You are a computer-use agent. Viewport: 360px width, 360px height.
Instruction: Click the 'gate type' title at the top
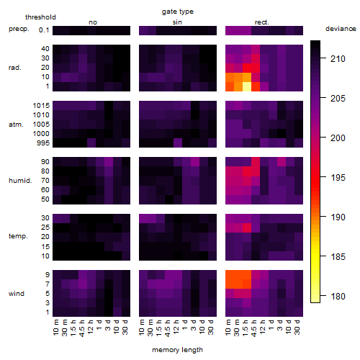coord(178,12)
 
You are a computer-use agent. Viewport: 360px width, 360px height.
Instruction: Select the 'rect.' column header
coord(262,22)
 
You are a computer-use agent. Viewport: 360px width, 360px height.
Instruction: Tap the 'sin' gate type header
coord(177,22)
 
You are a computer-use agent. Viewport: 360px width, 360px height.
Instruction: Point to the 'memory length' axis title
coord(177,350)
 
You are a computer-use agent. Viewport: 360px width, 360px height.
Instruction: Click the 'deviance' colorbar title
coord(341,29)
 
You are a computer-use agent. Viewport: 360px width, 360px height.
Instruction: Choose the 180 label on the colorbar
coord(338,297)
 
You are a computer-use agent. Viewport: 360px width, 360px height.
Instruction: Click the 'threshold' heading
coord(40,17)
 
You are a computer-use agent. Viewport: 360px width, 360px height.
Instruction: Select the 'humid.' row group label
coord(20,181)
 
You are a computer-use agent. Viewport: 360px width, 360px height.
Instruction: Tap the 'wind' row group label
coord(17,294)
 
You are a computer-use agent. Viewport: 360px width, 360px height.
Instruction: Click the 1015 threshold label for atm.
coord(41,106)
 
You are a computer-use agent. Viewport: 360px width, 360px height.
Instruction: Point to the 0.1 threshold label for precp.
coord(44,30)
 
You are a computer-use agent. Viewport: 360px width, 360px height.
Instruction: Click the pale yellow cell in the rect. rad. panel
coord(247,86)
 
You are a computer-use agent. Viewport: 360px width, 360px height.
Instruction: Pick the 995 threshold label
coord(43,143)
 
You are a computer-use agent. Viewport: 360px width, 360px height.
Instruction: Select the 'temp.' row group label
coord(18,236)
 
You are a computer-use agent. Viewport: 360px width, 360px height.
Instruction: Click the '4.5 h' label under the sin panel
coord(168,328)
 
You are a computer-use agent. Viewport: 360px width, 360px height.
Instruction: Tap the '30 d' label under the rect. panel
coord(297,327)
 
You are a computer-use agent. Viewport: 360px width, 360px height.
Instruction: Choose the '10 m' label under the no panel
coord(56,328)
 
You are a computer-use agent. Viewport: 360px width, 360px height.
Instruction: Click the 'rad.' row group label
coord(15,68)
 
